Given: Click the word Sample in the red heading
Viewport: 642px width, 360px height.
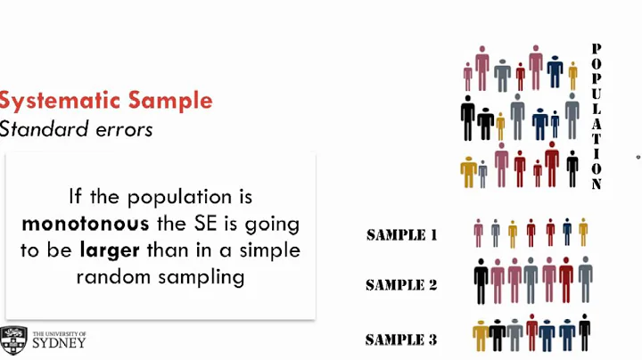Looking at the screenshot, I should point(169,100).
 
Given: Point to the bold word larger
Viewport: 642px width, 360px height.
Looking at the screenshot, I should point(111,250).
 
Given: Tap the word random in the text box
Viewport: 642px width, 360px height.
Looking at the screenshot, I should point(113,276).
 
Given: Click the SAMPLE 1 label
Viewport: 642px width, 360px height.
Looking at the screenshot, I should point(401,235).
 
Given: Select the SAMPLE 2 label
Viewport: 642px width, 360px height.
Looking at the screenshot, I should point(401,286).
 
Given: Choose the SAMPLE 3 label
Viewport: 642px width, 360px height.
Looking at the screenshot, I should point(401,340).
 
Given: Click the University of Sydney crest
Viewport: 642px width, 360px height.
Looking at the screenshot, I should point(13,340).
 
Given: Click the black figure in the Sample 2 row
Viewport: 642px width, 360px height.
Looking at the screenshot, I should point(481,282).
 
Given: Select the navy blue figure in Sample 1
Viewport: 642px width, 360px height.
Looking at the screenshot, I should point(567,233).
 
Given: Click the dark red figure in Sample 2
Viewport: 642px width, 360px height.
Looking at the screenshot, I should point(566,280).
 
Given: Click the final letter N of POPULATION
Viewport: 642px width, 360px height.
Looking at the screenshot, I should point(597,184).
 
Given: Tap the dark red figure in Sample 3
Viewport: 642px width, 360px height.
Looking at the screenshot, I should point(532,332).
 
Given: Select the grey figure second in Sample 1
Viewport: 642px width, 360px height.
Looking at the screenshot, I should point(496,233).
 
